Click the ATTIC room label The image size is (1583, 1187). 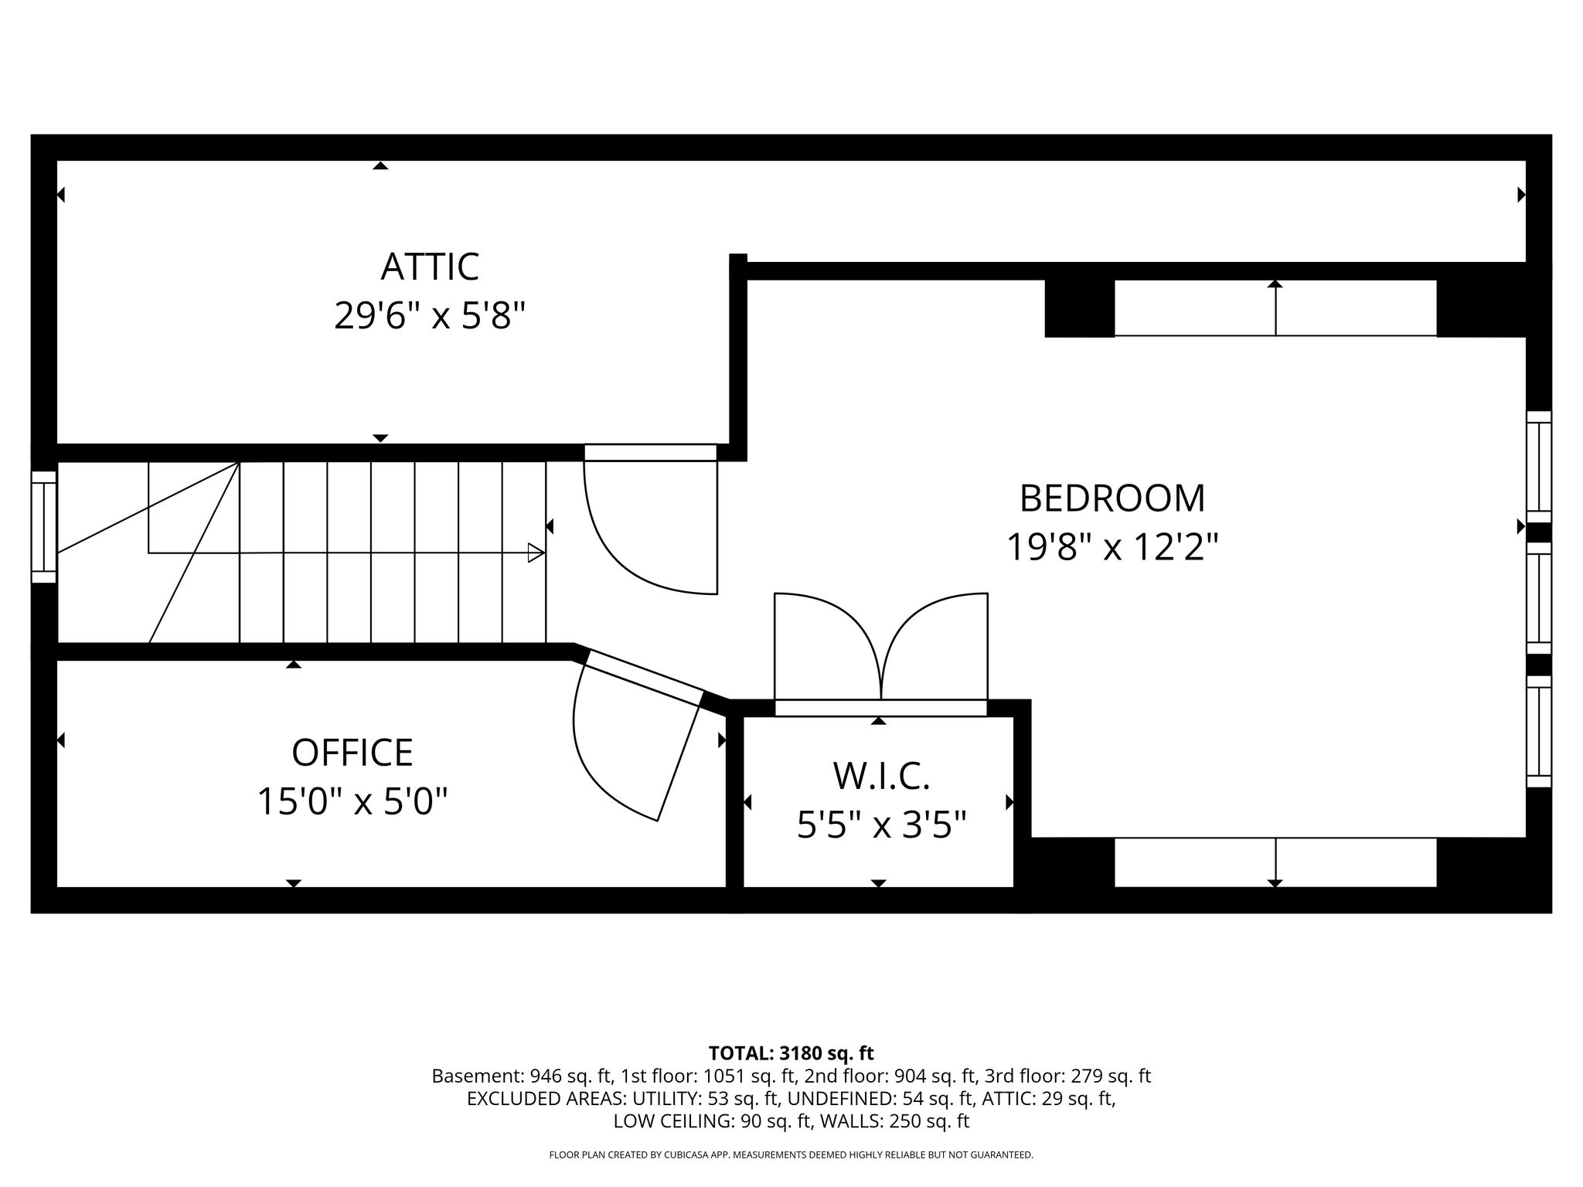pos(430,267)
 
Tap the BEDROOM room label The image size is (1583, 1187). pos(1112,498)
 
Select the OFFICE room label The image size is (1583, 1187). pos(352,753)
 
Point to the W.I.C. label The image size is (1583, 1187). pos(880,777)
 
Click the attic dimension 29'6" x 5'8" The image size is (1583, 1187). pos(430,316)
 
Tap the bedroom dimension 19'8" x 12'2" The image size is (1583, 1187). pos(1112,548)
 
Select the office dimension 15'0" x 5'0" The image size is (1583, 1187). pos(352,801)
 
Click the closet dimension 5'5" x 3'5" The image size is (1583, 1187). pos(882,825)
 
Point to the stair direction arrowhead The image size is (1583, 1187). pos(536,553)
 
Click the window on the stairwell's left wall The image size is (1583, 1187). pos(44,527)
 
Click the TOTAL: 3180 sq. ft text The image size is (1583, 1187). pos(791,1053)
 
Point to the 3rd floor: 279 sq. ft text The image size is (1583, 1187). pos(1067,1076)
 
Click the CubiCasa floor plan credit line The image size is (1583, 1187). pos(791,1155)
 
